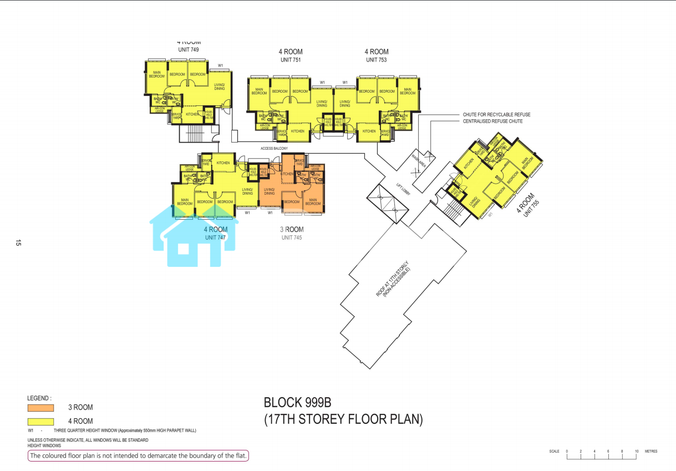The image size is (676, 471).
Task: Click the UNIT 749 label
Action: coord(188,50)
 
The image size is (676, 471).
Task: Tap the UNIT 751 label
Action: coord(290,60)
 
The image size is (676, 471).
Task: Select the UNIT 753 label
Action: coord(376,60)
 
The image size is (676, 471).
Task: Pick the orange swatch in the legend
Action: coord(40,408)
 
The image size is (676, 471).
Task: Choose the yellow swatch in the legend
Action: coord(40,422)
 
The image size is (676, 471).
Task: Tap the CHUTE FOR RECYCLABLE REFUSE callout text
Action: coord(496,115)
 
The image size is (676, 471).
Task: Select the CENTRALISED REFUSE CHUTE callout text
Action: coord(492,121)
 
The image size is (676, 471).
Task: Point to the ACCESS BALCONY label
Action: coord(274,149)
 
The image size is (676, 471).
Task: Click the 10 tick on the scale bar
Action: coord(637,452)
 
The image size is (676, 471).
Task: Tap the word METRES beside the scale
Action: coord(651,452)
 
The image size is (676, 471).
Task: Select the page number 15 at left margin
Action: coord(18,243)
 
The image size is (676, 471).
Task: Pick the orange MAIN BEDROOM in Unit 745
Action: coord(313,201)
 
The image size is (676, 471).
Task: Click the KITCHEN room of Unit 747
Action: coord(223,163)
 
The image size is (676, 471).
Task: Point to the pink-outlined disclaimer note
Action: coord(139,456)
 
